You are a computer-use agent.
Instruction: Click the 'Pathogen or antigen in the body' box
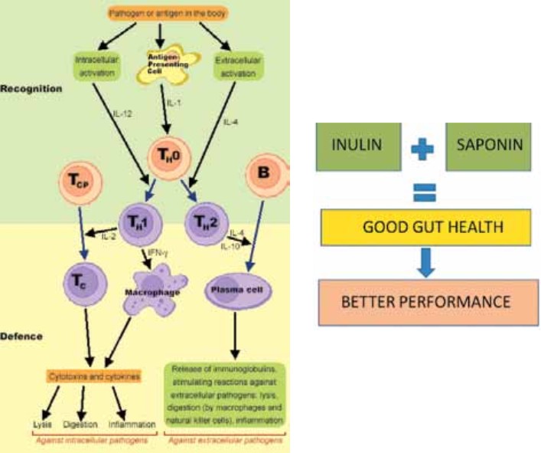(x=158, y=13)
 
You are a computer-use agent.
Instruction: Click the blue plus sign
(x=424, y=147)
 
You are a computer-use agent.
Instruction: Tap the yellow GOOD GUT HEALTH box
(x=425, y=228)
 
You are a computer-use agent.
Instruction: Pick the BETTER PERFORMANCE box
(x=425, y=300)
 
